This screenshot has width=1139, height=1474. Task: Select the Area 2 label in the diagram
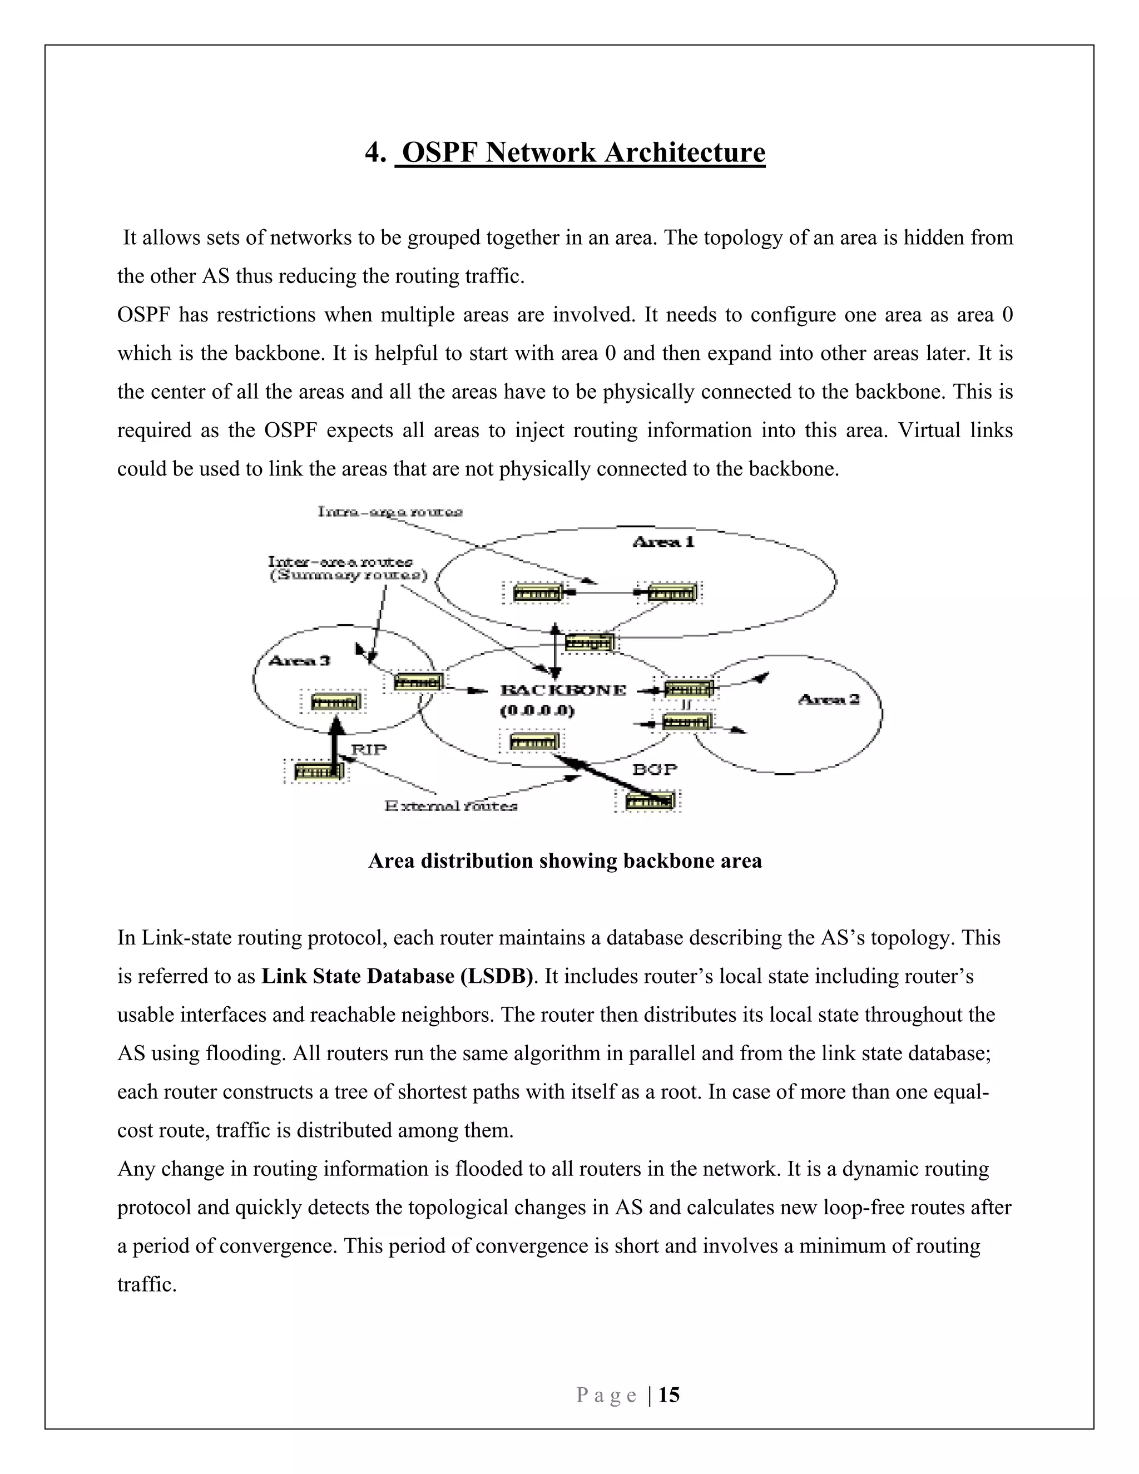pyautogui.click(x=828, y=699)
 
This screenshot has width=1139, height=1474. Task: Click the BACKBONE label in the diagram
pyautogui.click(x=563, y=690)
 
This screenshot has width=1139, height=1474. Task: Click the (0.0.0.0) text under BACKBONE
pyautogui.click(x=537, y=711)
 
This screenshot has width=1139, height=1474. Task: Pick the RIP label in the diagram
pyautogui.click(x=369, y=749)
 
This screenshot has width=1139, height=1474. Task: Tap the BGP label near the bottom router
pyautogui.click(x=655, y=769)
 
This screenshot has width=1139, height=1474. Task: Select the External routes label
pyautogui.click(x=450, y=806)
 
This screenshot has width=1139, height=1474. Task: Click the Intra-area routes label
pyautogui.click(x=390, y=512)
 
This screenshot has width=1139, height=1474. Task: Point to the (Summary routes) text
pyautogui.click(x=349, y=576)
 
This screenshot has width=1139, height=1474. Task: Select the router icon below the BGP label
pyautogui.click(x=648, y=801)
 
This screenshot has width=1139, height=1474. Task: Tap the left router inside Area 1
pyautogui.click(x=537, y=593)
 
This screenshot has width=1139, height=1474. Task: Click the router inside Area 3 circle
pyautogui.click(x=335, y=703)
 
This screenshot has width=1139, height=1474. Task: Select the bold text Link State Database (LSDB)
pyautogui.click(x=397, y=977)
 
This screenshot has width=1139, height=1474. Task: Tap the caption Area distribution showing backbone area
pyautogui.click(x=565, y=861)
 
